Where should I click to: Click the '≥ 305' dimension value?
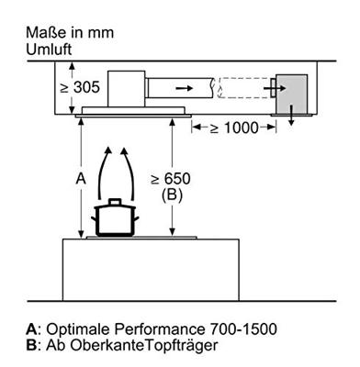(80, 87)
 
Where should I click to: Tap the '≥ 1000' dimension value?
(234, 128)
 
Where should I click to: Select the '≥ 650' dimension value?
(171, 179)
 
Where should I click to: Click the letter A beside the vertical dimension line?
(81, 179)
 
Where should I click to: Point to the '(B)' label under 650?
(172, 195)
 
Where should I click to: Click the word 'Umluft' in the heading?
(49, 50)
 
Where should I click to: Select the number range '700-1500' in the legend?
(243, 329)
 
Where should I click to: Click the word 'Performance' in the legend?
(160, 329)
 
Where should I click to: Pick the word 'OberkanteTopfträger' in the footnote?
(144, 346)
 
